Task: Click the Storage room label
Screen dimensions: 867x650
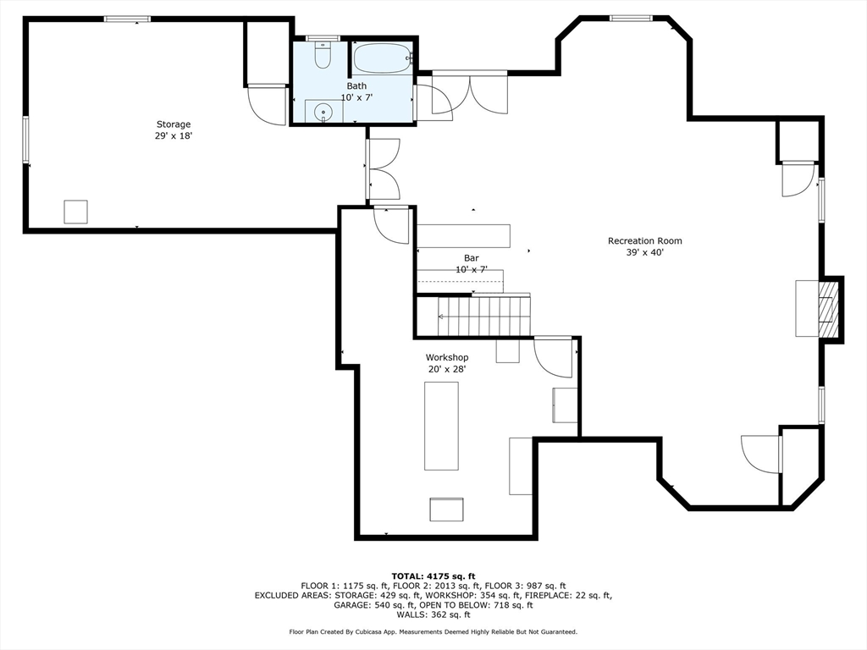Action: click(x=173, y=124)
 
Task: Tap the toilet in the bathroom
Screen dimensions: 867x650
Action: click(x=323, y=55)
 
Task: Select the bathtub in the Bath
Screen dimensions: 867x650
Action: click(x=382, y=58)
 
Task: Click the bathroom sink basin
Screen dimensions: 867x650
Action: click(x=323, y=113)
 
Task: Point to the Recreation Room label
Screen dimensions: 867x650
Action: click(x=644, y=241)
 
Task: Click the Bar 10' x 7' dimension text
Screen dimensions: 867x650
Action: click(x=471, y=270)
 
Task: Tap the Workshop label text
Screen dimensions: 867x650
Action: click(x=447, y=358)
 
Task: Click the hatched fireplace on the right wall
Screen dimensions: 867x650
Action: click(x=826, y=309)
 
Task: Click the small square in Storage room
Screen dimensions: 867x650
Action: click(x=75, y=212)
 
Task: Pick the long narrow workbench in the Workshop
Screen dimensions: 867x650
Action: click(x=441, y=426)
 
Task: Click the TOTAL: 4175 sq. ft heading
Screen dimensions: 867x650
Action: click(x=433, y=576)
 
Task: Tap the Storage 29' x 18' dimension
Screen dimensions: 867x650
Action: click(x=173, y=136)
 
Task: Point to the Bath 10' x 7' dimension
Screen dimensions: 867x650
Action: click(x=356, y=98)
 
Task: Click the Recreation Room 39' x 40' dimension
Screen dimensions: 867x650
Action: click(x=644, y=252)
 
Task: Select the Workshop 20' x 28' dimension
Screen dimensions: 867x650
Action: click(x=447, y=369)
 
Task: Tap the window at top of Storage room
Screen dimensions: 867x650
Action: click(x=127, y=19)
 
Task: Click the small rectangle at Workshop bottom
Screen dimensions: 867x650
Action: click(x=447, y=510)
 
